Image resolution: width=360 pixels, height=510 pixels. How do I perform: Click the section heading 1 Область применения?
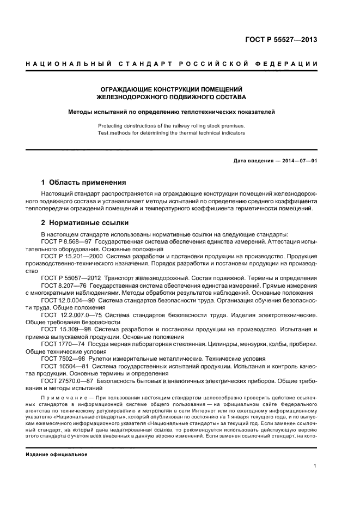tap(84, 182)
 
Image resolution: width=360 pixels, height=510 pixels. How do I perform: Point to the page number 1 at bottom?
tap(315, 465)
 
